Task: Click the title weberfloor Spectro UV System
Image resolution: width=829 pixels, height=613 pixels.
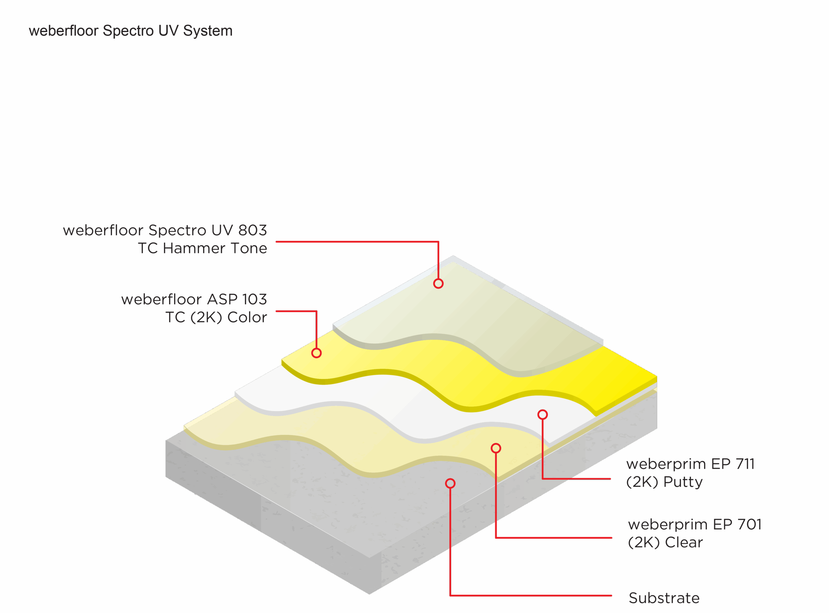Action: click(x=131, y=31)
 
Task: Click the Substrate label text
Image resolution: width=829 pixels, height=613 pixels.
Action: click(x=664, y=598)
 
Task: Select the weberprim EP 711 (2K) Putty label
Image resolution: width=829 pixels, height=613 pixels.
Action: click(x=690, y=473)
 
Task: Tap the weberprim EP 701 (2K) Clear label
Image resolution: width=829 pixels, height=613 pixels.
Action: click(x=695, y=533)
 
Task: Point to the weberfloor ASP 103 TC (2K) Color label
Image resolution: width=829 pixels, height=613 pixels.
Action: click(x=194, y=308)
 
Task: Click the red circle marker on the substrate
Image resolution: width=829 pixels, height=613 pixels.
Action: click(x=450, y=483)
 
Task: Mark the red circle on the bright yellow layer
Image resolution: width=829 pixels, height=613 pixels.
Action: click(x=316, y=353)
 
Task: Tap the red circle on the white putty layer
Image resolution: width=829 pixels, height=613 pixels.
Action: click(x=543, y=414)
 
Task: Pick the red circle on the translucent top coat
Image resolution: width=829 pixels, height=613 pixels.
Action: click(x=438, y=283)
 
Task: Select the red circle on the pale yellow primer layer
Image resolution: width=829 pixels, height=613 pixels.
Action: click(x=496, y=448)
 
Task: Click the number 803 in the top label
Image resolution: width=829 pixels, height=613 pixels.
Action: click(x=252, y=230)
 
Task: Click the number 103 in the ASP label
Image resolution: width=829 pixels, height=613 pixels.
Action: click(x=255, y=299)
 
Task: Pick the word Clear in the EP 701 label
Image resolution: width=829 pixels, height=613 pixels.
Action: click(x=684, y=542)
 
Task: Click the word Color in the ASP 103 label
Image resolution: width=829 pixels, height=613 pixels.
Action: click(x=247, y=317)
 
